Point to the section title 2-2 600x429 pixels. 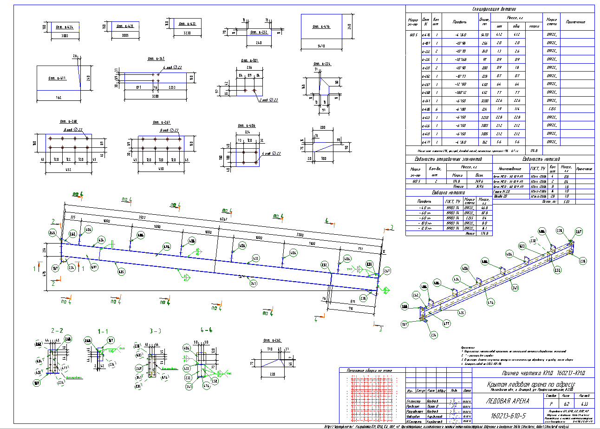(57, 331)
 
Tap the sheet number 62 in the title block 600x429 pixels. (565, 404)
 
